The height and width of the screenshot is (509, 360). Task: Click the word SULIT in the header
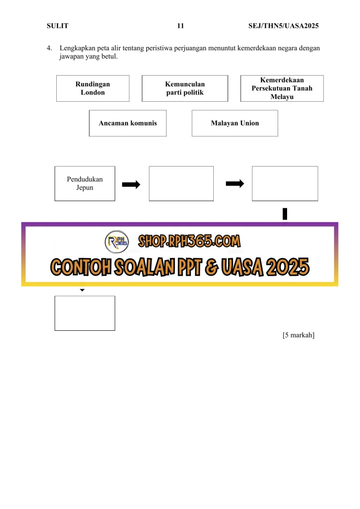58,26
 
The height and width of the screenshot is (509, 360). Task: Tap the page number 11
180,26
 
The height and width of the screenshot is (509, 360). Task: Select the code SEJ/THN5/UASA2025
283,26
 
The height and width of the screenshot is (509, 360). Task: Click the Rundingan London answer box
93,88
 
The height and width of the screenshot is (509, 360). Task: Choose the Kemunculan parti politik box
185,88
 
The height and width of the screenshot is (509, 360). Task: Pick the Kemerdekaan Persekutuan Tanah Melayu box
282,88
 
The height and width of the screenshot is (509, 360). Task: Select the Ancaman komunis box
128,123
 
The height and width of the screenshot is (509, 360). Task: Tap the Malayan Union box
235,123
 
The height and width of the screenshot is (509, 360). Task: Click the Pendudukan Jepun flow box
85,184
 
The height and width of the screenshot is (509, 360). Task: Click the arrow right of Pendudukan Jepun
131,185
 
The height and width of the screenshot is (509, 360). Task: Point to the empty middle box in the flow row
181,184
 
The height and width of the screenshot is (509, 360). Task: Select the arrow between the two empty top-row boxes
235,184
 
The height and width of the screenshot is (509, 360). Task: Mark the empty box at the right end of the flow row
285,184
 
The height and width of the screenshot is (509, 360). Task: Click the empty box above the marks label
85,313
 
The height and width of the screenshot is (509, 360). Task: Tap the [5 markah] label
299,335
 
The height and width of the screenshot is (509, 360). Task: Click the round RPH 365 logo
117,242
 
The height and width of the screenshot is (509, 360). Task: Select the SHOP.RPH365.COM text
189,241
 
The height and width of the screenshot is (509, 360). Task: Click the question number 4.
49,48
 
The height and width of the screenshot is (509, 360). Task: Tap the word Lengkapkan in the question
77,48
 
